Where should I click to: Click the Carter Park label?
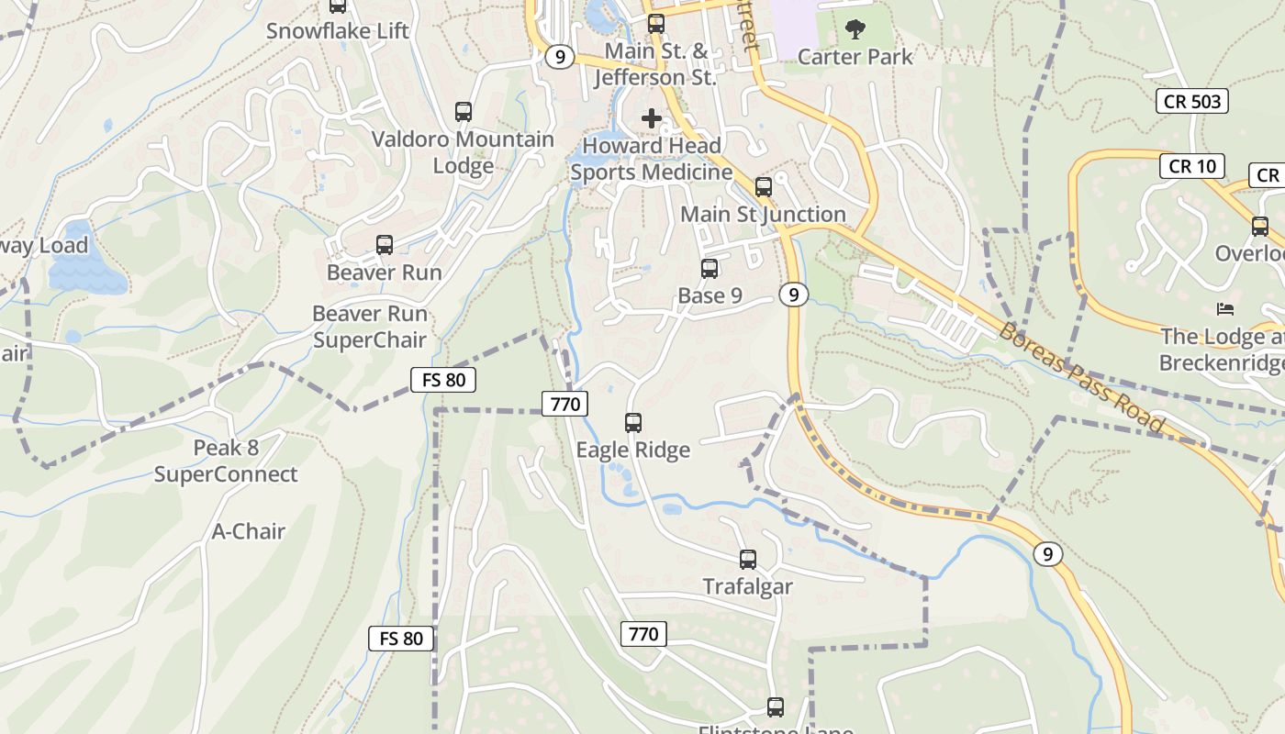coord(855,57)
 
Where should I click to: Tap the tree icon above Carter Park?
coord(855,29)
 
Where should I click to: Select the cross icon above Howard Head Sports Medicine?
coord(652,118)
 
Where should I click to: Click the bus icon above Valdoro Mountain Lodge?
coord(464,112)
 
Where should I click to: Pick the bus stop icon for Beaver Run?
coord(385,245)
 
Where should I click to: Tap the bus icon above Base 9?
coord(709,269)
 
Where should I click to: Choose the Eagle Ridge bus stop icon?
coord(632,423)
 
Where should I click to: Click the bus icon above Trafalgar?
coord(748,559)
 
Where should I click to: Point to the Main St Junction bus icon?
coord(763,187)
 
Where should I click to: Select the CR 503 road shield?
coord(1191,101)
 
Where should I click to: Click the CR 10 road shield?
coord(1192,166)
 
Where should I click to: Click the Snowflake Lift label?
coord(338,31)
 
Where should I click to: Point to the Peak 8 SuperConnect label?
coord(226,462)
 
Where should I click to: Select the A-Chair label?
coord(249,531)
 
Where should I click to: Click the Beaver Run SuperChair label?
coord(370,327)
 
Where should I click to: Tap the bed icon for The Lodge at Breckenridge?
coord(1224,309)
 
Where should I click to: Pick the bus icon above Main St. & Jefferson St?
coord(655,24)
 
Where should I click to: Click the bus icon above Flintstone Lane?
coord(776,707)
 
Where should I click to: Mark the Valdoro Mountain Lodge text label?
coord(463,152)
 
